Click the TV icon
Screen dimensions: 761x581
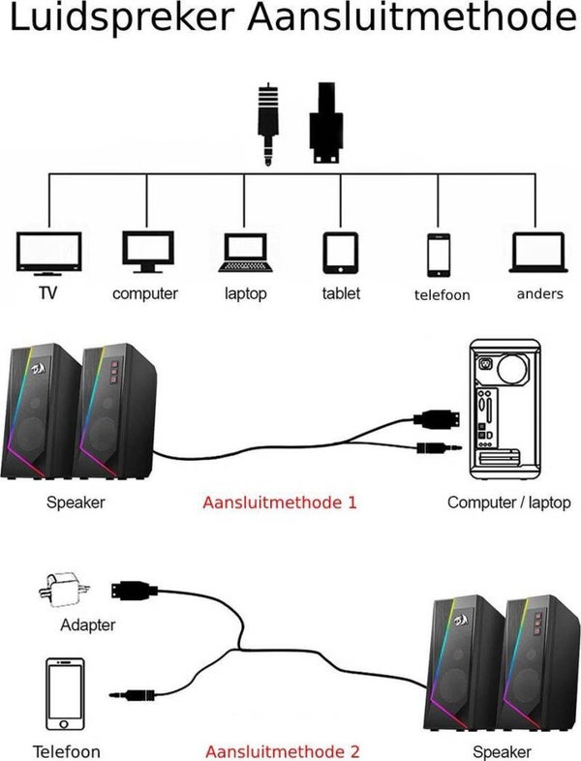pyautogui.click(x=47, y=253)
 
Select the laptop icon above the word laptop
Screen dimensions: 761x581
pyautogui.click(x=246, y=253)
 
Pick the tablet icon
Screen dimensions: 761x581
pyautogui.click(x=341, y=253)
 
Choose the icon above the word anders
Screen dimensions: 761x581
pyautogui.click(x=538, y=253)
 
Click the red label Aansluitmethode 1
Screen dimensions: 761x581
pyautogui.click(x=280, y=503)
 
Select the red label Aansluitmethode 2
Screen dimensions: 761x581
pyautogui.click(x=282, y=751)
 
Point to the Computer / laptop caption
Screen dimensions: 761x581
pyautogui.click(x=508, y=503)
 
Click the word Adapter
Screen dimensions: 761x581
pyautogui.click(x=87, y=625)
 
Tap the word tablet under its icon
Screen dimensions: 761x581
pyautogui.click(x=341, y=293)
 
